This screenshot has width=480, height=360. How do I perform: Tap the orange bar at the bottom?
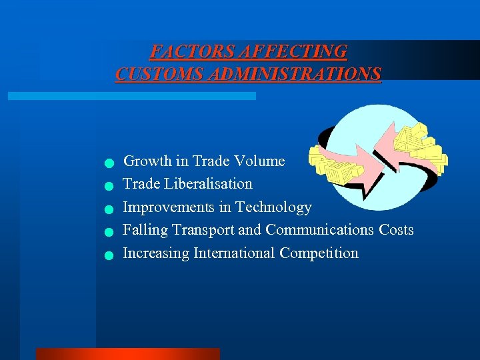[x=127, y=354]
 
